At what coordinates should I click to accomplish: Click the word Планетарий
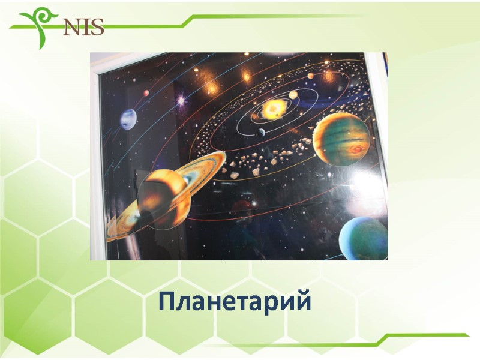235,301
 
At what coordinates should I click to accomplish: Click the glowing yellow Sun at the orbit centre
275,109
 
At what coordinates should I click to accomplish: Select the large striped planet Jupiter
341,139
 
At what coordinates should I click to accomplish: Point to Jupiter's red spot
358,148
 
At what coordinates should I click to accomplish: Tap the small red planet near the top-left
146,93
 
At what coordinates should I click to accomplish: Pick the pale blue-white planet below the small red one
128,118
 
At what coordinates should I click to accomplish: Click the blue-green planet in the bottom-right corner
362,238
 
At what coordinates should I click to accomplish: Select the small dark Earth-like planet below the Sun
262,133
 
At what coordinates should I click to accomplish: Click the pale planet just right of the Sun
293,95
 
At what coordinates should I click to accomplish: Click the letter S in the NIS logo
97,27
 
